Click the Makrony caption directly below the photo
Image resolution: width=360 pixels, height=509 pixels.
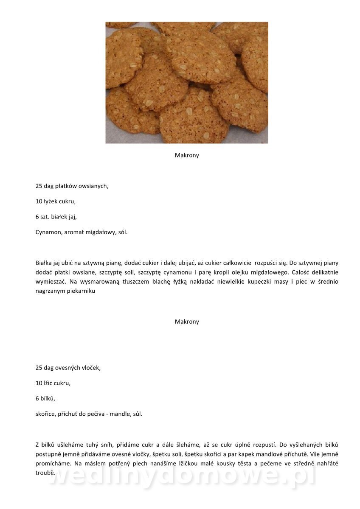[x=187, y=155]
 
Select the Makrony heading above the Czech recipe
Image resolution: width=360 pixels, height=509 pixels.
[x=187, y=322]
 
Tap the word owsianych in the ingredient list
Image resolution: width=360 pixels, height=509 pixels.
[x=93, y=186]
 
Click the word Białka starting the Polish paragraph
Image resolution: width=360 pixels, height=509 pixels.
[x=44, y=263]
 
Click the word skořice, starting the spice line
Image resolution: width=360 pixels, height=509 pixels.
[x=46, y=414]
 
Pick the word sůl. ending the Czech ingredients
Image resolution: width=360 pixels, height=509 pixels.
[x=136, y=414]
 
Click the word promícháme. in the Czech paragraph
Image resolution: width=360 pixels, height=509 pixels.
[x=51, y=464]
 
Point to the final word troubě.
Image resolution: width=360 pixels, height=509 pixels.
[x=45, y=473]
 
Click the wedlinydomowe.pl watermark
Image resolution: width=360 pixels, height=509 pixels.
[x=183, y=477]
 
